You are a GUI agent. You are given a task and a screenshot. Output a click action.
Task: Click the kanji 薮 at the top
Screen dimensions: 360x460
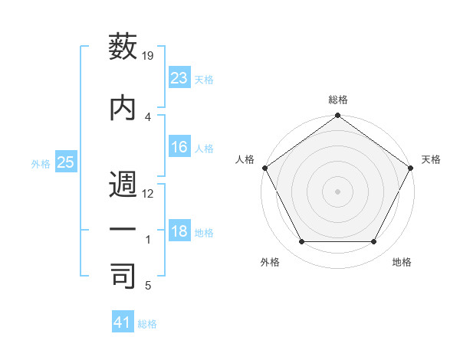point(123,47)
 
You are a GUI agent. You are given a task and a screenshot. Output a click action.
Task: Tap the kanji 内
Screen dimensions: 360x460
point(123,107)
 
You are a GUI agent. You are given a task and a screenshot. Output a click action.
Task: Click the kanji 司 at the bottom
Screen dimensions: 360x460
point(123,277)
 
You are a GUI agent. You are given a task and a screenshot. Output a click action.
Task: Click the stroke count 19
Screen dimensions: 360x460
point(148,56)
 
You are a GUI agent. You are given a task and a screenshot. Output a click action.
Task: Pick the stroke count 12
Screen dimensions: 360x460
point(148,193)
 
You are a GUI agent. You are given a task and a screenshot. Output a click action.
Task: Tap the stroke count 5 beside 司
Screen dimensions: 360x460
point(147,286)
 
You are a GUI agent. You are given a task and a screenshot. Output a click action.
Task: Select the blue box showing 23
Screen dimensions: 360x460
point(179,78)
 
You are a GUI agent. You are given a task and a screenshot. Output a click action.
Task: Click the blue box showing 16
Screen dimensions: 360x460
point(179,148)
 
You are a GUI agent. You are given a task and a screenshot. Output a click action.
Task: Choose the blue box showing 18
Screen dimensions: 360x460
point(179,232)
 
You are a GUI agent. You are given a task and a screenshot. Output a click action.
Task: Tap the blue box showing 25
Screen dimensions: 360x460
point(65,162)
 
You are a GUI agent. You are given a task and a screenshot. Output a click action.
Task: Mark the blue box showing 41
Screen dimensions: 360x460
point(123,322)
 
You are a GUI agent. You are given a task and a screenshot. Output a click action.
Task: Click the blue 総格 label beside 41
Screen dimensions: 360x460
point(147,324)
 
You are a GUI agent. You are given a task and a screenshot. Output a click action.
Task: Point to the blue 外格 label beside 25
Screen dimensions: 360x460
point(41,163)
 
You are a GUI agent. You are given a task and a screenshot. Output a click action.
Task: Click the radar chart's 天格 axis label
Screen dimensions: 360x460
point(431,159)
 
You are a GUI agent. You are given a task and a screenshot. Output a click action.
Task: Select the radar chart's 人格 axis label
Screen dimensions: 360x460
point(245,159)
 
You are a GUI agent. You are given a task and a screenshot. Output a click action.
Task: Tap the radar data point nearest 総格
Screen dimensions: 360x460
point(337,117)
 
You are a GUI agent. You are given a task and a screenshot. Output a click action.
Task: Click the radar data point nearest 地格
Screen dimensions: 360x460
point(374,242)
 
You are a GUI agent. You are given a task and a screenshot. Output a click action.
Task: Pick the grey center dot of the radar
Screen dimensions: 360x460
point(337,191)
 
